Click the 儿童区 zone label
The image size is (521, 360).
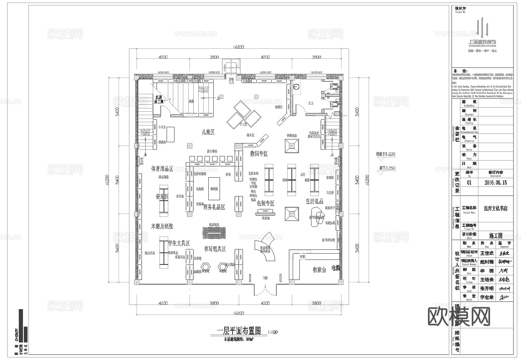pyautogui.click(x=207, y=132)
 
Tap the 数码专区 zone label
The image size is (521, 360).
pyautogui.click(x=259, y=154)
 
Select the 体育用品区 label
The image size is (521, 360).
pyautogui.click(x=162, y=169)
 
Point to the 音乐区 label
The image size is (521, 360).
pyautogui.click(x=162, y=196)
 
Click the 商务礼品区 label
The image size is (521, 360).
pyautogui.click(x=214, y=207)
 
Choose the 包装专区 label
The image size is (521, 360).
pyautogui.click(x=266, y=203)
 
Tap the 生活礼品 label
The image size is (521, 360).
pyautogui.click(x=314, y=201)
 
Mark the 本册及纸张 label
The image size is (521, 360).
pyautogui.click(x=162, y=226)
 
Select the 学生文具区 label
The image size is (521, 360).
pyautogui.click(x=179, y=243)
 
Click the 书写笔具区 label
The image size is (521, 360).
pyautogui.click(x=215, y=249)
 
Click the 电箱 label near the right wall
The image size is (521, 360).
pyautogui.click(x=336, y=267)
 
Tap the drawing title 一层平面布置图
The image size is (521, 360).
pyautogui.click(x=238, y=331)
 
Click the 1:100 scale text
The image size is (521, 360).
pyautogui.click(x=272, y=332)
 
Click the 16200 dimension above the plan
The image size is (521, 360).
pyautogui.click(x=239, y=48)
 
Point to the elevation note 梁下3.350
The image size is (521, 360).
pyautogui.click(x=385, y=168)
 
